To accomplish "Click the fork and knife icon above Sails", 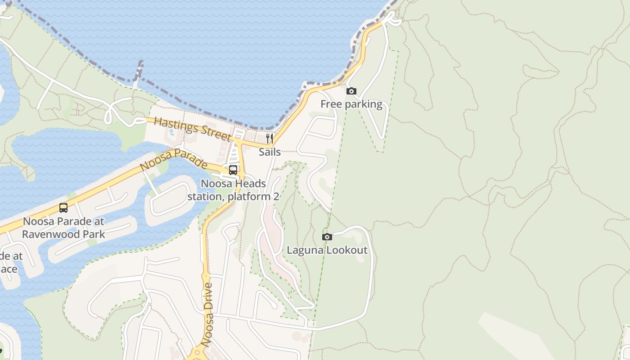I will pos(270,138).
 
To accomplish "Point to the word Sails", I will pos(270,152).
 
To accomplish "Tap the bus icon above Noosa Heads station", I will pos(233,170).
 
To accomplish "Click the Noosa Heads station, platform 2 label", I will pos(233,190).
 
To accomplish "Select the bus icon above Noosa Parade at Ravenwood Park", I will pos(63,208).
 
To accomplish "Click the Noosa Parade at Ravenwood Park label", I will pos(63,228).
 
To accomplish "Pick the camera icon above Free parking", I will pos(351,91).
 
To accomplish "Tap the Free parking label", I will pos(351,105).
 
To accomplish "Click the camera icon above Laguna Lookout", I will pos(327,237).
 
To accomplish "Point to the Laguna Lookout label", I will pos(327,250).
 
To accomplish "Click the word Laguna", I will pos(305,250).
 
